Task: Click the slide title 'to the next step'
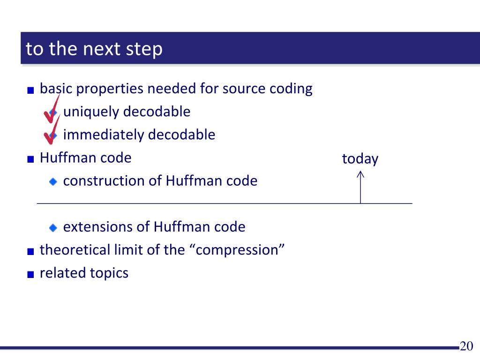tap(94, 49)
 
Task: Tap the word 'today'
tap(360, 159)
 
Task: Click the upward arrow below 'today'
tap(360, 187)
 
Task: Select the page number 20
tap(466, 346)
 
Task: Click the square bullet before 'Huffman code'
tap(30, 159)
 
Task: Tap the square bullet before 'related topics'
tap(30, 274)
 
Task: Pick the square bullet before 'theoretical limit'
tap(30, 251)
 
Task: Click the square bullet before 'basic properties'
tap(30, 90)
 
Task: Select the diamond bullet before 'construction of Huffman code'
tap(53, 182)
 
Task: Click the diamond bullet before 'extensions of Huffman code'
tap(53, 228)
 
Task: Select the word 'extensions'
tap(97, 227)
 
